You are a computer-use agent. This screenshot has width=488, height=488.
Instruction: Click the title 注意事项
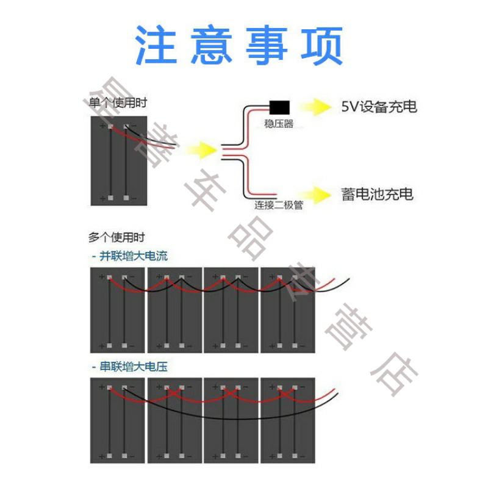(x=239, y=46)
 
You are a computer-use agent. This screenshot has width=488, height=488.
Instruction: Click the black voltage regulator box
(x=279, y=108)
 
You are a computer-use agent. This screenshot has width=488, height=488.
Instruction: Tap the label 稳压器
(x=279, y=124)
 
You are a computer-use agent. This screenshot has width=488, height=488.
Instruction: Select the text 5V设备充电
(x=378, y=107)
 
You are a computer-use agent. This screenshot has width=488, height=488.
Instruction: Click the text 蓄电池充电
(x=376, y=195)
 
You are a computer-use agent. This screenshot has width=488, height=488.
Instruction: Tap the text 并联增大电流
(x=129, y=256)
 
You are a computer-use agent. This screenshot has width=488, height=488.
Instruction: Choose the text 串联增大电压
(x=129, y=367)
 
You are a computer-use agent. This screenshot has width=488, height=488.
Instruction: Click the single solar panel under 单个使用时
(x=118, y=161)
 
